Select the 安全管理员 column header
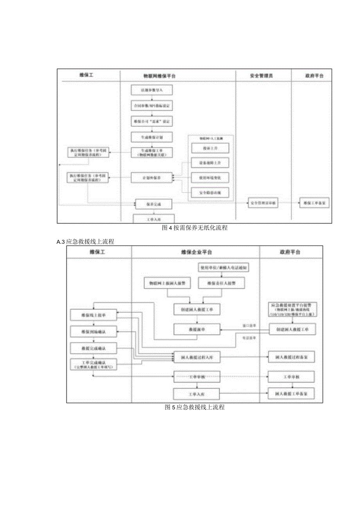(x=261, y=76)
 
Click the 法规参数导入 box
(x=151, y=90)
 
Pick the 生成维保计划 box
(x=151, y=137)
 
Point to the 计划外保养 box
(x=151, y=178)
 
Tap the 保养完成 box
(x=154, y=204)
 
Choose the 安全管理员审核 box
(x=263, y=203)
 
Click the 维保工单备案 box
(x=314, y=203)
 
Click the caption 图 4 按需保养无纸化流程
(x=194, y=228)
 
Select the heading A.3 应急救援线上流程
(x=85, y=242)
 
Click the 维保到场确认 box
(x=94, y=332)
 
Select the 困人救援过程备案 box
(x=292, y=357)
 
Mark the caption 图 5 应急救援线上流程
(x=194, y=407)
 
